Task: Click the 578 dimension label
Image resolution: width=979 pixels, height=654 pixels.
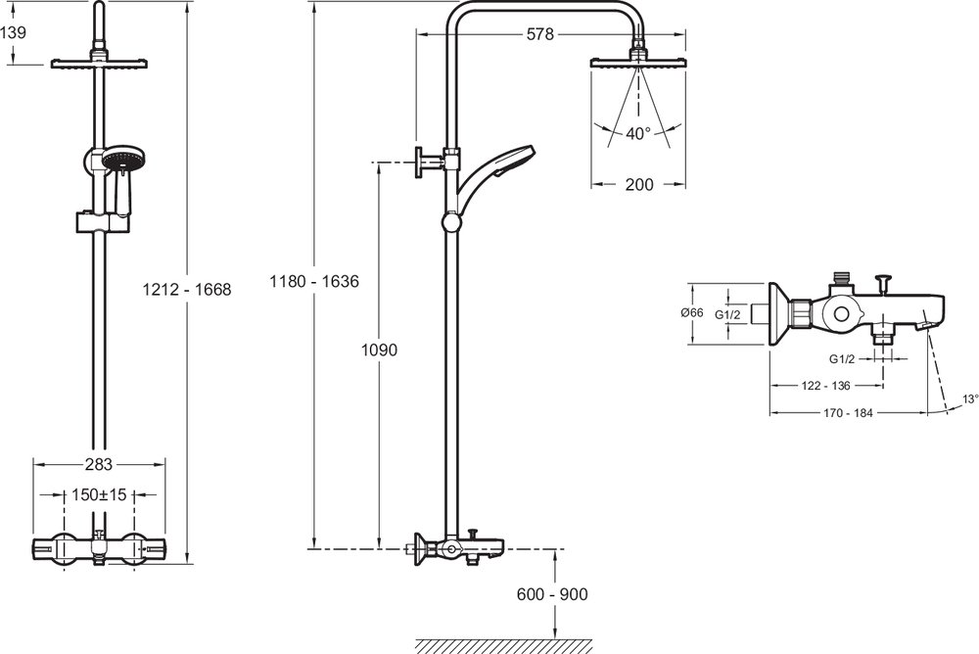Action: coord(540,34)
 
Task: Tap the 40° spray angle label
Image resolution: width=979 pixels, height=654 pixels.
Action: coord(638,134)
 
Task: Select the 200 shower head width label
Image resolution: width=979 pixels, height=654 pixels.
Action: coord(638,184)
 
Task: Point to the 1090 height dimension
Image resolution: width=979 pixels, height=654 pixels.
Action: coord(379,350)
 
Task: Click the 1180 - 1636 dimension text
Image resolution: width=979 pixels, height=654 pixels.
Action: coord(314,282)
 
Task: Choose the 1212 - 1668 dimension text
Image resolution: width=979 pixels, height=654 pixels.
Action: coord(187,290)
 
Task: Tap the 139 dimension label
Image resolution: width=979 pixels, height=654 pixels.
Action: coord(13,32)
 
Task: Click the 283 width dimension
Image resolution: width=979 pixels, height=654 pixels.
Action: coord(99,464)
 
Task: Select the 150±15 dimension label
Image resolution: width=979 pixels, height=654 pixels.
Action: coord(99,494)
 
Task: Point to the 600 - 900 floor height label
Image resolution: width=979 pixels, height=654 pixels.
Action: coord(552,594)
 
